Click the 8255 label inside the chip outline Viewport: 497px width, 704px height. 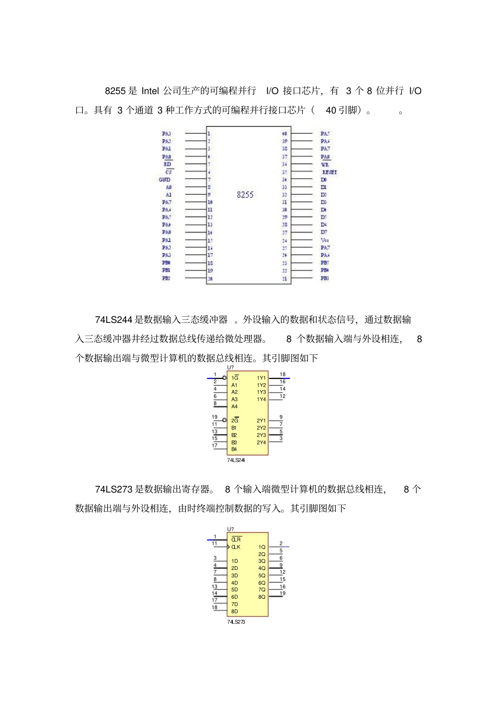click(x=245, y=194)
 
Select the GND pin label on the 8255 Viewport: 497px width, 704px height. click(x=165, y=180)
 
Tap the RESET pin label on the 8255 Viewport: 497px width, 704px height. click(x=330, y=172)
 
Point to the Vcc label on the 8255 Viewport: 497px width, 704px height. click(x=325, y=240)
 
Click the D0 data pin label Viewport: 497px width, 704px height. click(x=324, y=180)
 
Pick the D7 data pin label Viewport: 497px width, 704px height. click(x=324, y=232)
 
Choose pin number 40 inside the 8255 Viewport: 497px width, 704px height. click(x=284, y=133)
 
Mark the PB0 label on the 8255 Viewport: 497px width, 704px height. click(x=166, y=263)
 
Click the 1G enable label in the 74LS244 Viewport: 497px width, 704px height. click(x=235, y=378)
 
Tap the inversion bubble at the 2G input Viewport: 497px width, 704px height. click(x=225, y=420)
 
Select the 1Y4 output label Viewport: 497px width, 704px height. click(x=261, y=399)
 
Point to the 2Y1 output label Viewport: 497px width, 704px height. click(x=261, y=420)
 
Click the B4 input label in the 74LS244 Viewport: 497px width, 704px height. click(x=234, y=449)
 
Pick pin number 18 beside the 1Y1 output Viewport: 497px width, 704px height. click(x=283, y=374)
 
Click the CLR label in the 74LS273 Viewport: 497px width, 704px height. click(x=236, y=539)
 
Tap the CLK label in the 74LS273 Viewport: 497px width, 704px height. click(x=236, y=547)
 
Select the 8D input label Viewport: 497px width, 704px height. click(x=234, y=611)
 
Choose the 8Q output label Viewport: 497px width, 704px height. click(x=262, y=597)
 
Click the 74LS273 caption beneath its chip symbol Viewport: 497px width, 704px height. click(x=236, y=622)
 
